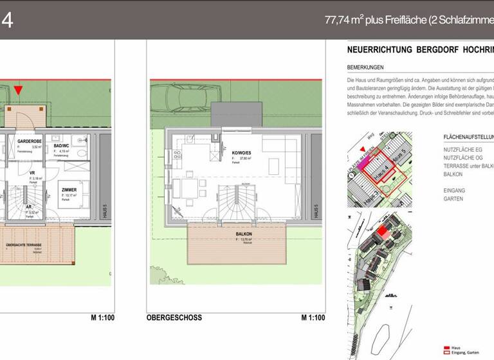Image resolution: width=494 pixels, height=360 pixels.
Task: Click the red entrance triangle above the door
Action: [x=17, y=91]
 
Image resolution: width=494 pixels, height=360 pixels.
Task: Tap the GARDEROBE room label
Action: [x=30, y=141]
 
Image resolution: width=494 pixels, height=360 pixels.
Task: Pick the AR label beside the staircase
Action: [x=29, y=208]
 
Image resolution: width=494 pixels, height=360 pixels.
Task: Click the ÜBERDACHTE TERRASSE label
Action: [x=24, y=246]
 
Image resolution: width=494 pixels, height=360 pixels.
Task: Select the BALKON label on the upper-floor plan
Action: [x=244, y=234]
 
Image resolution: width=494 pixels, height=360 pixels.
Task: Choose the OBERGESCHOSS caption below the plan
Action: [x=174, y=318]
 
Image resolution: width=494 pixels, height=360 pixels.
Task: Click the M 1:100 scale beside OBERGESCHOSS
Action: [x=313, y=318]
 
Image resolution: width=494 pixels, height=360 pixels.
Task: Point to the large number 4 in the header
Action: [x=7, y=20]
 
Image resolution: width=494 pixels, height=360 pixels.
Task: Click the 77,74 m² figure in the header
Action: [x=342, y=20]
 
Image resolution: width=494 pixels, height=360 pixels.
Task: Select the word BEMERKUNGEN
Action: [x=365, y=67]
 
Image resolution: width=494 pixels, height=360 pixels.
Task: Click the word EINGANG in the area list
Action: [x=454, y=190]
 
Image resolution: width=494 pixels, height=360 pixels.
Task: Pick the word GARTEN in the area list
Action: [x=453, y=199]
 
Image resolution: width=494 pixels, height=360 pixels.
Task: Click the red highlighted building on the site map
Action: [x=383, y=232]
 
